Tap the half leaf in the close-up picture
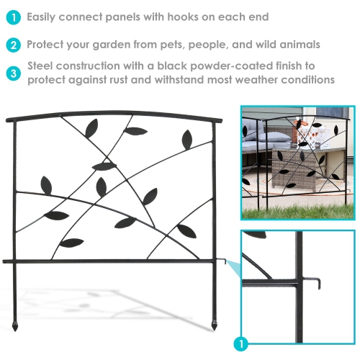254,234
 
